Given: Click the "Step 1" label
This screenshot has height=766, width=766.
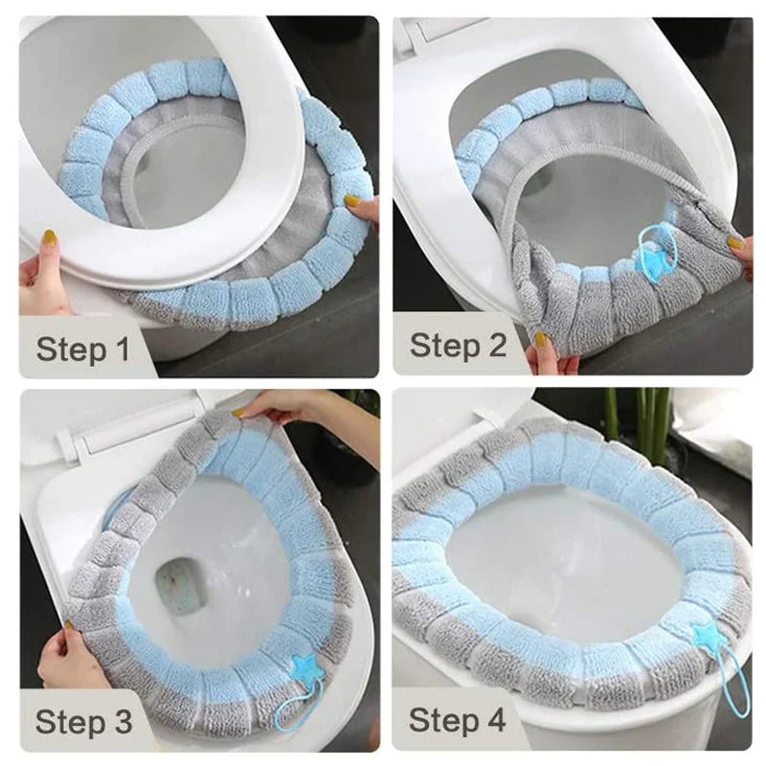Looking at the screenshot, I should [x=82, y=348].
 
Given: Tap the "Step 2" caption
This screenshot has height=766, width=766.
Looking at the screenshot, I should [x=458, y=345].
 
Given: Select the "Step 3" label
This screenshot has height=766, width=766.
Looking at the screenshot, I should [x=82, y=720].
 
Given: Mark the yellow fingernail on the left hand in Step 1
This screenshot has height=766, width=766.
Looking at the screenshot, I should [x=49, y=236].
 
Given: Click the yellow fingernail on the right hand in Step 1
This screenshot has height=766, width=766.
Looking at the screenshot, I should [x=352, y=202].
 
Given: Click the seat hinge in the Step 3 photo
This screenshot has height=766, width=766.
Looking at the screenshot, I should [x=69, y=440].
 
